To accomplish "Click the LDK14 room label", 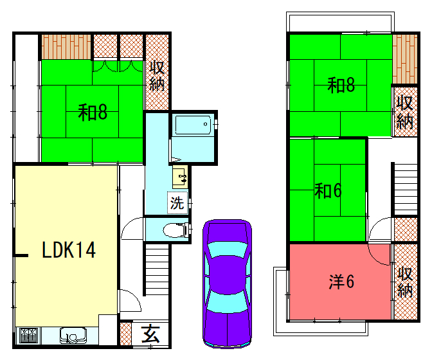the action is coord(69,249).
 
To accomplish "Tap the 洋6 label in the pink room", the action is coord(341,282).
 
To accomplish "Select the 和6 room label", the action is coord(328,190).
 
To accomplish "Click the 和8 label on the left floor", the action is coord(93,113).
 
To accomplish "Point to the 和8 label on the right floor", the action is coord(341,85).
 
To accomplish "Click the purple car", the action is coord(228,283).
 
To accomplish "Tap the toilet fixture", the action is coord(175,230).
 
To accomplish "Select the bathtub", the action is coord(193,125).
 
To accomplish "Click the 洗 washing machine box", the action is coord(177,203).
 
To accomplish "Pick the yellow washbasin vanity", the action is coord(180,177).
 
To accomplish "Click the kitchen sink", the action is coord(73,336).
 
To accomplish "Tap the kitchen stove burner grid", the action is coord(28,335).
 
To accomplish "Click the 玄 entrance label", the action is coord(150,334).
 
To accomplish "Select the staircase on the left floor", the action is coord(157,270).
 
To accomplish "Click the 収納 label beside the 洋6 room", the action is coord(405,282).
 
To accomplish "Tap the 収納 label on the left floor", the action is coord(157,75).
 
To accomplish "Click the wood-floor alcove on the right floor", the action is coord(405,59).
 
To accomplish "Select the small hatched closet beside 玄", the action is coord(125,334).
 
